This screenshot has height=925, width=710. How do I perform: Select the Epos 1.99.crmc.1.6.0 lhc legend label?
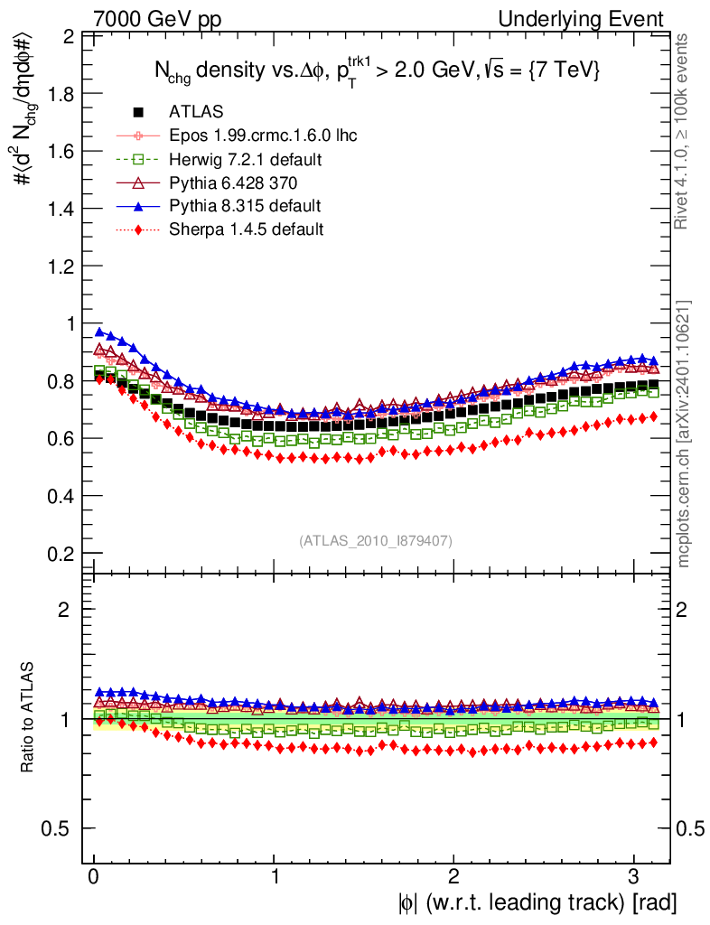263,135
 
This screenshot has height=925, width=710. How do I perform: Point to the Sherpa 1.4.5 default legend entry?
246,229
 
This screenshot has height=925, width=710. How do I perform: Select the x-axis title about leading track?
535,902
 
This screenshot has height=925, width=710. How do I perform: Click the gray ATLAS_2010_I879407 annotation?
376,540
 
